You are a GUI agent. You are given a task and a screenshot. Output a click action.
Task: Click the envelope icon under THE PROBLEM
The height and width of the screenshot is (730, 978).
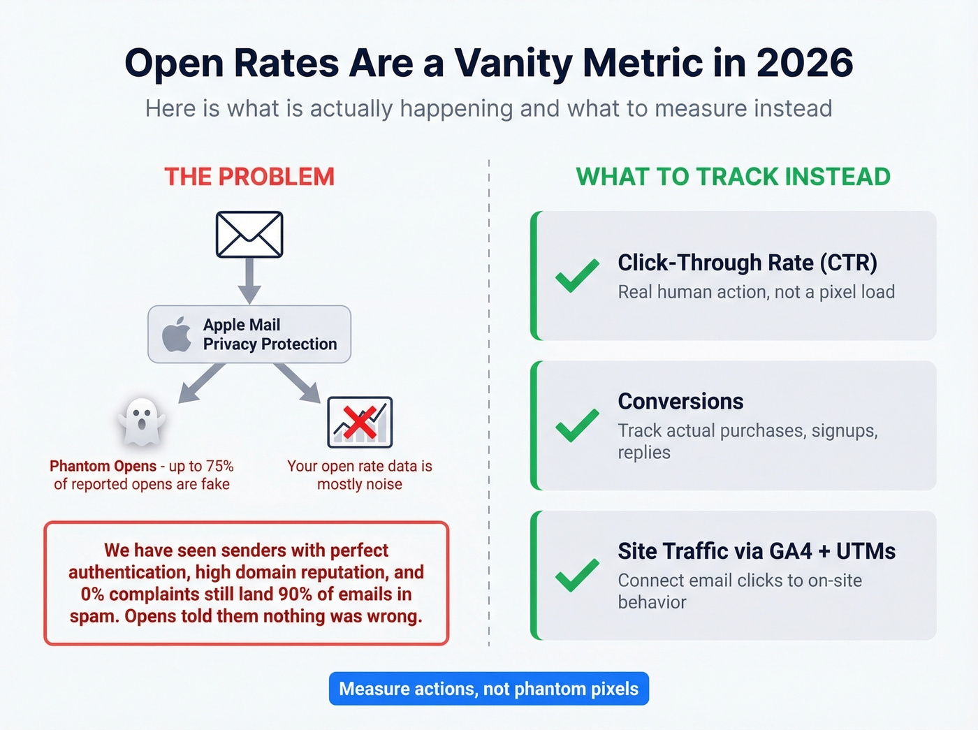pyautogui.click(x=249, y=235)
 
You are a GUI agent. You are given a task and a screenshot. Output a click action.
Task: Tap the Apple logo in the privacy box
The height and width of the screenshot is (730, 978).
pyautogui.click(x=177, y=334)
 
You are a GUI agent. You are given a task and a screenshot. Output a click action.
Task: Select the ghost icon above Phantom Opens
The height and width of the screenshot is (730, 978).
pyautogui.click(x=142, y=421)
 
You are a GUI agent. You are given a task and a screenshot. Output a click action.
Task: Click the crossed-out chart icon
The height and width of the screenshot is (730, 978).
pyautogui.click(x=360, y=422)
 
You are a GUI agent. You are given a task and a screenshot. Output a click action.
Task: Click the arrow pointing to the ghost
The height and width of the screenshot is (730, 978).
pyautogui.click(x=200, y=385)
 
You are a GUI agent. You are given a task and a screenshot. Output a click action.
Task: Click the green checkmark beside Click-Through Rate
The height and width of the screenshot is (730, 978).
pyautogui.click(x=577, y=275)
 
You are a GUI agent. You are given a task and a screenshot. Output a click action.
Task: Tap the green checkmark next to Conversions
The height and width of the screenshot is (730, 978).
pyautogui.click(x=577, y=425)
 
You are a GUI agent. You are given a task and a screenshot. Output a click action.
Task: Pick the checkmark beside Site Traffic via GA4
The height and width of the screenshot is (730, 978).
pyautogui.click(x=577, y=575)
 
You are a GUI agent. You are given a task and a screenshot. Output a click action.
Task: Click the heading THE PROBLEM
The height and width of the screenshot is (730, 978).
pyautogui.click(x=249, y=177)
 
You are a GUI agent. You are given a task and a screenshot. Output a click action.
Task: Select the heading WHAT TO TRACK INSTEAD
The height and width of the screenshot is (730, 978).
pyautogui.click(x=733, y=177)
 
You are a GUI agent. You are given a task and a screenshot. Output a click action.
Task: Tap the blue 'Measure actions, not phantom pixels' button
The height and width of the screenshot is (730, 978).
pyautogui.click(x=489, y=689)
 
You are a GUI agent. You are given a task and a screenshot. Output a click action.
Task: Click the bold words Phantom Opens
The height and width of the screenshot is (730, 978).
pyautogui.click(x=103, y=466)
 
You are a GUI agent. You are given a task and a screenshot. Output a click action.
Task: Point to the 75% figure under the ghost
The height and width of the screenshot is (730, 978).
pyautogui.click(x=219, y=466)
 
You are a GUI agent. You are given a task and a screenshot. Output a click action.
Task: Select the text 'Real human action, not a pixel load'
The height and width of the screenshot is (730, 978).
pyautogui.click(x=756, y=292)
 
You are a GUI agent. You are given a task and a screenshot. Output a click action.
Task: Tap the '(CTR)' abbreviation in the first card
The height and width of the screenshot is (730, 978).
pyautogui.click(x=848, y=263)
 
